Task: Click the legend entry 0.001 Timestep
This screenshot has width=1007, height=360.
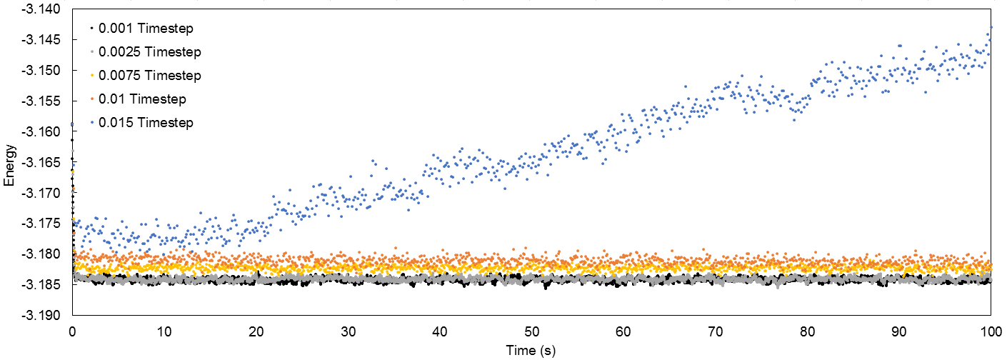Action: tap(146, 29)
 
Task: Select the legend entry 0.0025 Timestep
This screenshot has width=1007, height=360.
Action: tap(149, 52)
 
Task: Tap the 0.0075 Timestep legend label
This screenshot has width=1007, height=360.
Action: tap(149, 76)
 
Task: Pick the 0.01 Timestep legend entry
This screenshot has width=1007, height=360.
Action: tap(142, 99)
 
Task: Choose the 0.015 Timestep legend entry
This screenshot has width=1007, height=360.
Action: tap(146, 123)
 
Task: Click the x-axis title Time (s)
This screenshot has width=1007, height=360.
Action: tap(531, 351)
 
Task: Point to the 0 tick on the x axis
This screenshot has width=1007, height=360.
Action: tap(72, 332)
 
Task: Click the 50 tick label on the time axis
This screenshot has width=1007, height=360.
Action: tap(531, 332)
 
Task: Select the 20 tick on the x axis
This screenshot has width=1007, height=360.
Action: tap(256, 332)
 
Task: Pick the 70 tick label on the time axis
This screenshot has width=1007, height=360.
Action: tap(715, 332)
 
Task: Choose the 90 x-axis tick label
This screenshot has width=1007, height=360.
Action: tap(898, 332)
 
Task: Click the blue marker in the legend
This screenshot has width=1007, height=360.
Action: tap(91, 123)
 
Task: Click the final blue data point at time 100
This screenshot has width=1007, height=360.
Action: tap(991, 27)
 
